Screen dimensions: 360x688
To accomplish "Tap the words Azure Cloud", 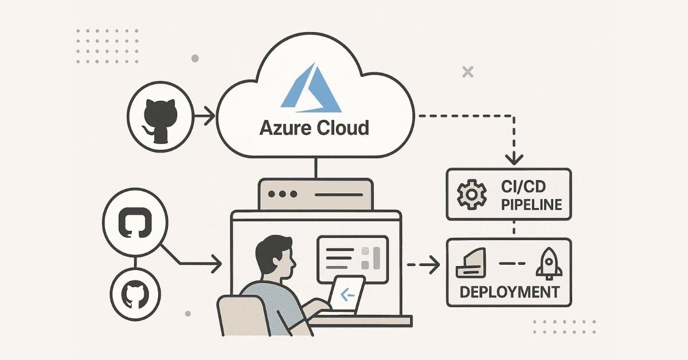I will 314,127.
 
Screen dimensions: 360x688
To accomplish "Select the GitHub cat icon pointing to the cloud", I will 157,119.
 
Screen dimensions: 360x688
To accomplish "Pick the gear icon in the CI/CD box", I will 469,195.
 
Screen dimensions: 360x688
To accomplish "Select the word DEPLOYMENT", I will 509,292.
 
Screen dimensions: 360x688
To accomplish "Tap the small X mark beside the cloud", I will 468,72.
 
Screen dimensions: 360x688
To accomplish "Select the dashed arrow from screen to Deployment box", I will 423,265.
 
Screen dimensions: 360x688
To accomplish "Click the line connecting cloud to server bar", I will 315,168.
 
